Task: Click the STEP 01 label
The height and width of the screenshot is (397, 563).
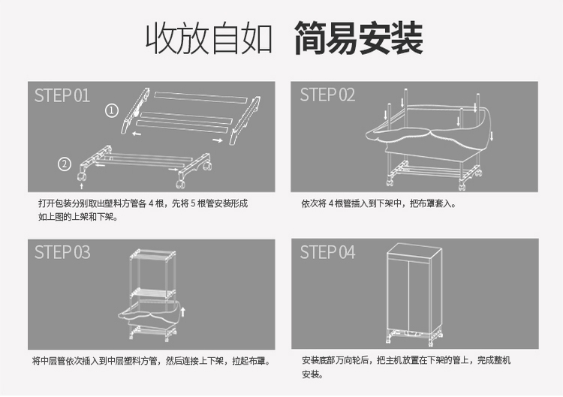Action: point(62,95)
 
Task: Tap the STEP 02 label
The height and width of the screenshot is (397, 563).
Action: point(328,95)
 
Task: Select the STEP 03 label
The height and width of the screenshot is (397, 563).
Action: point(62,252)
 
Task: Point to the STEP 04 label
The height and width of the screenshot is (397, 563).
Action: point(328,252)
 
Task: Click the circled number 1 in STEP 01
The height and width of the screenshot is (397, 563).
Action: point(112,111)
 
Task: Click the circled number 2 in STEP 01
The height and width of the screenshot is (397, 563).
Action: point(65,164)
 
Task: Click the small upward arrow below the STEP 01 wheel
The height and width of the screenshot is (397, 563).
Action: point(81,180)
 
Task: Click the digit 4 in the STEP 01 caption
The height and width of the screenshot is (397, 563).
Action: point(151,204)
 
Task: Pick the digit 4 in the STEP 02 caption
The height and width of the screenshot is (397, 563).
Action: point(331,204)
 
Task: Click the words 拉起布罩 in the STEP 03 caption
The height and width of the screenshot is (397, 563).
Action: point(253,361)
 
